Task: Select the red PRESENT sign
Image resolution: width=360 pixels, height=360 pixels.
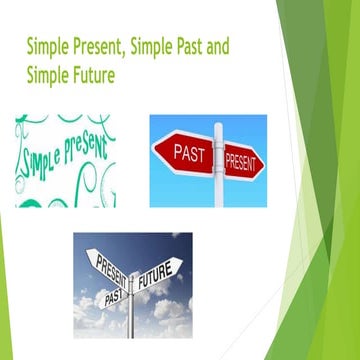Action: point(242,161)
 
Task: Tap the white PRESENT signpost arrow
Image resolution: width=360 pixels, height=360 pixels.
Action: point(111,267)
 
